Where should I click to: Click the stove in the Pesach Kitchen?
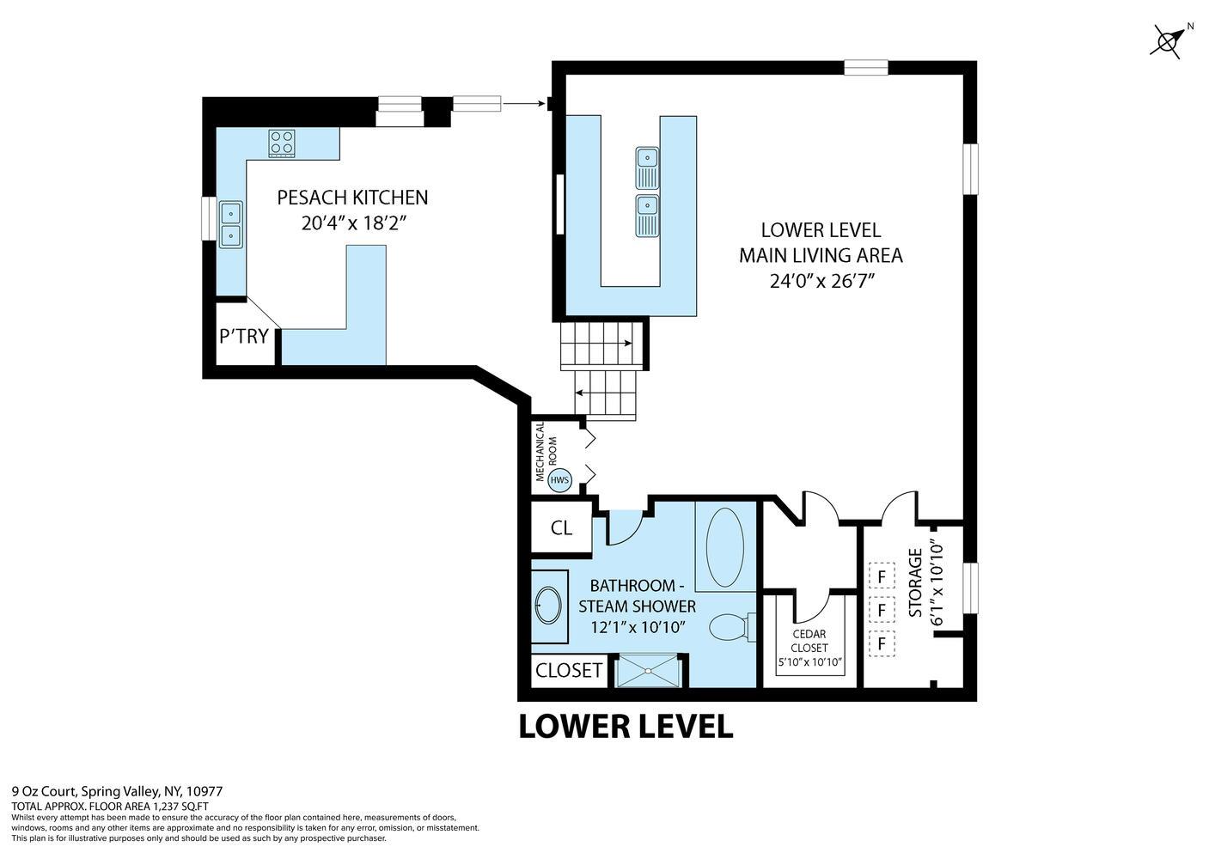tap(281, 142)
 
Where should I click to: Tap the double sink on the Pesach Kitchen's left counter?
tap(230, 224)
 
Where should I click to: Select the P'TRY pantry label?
tap(244, 336)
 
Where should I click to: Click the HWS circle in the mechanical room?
tap(559, 480)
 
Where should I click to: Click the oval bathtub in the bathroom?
tap(725, 548)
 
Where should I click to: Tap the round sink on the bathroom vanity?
tap(546, 605)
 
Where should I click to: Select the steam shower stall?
tap(650, 671)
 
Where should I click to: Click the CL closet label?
tap(561, 528)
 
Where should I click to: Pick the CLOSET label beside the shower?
tap(568, 670)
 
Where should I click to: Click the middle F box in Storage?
tap(881, 609)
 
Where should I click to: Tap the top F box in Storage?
tap(881, 575)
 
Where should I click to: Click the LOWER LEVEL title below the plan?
tap(626, 727)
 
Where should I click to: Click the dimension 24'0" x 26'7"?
tap(821, 280)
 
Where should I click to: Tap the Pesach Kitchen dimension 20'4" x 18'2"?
tap(352, 222)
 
